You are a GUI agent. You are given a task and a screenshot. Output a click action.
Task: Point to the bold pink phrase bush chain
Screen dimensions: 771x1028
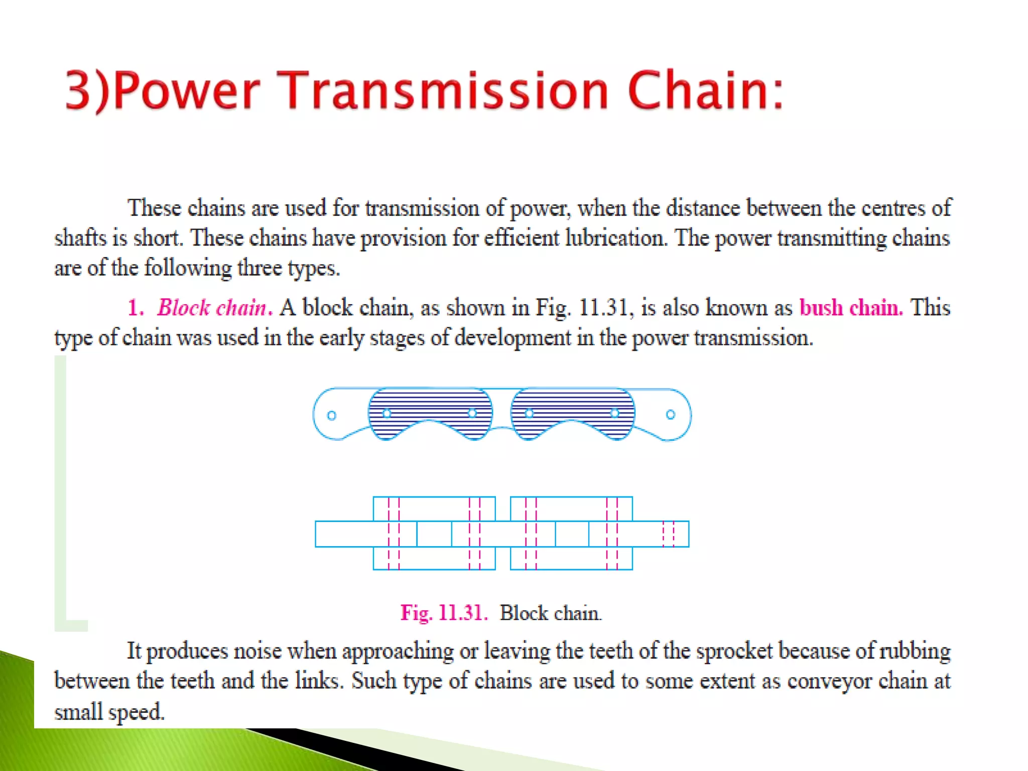[851, 308]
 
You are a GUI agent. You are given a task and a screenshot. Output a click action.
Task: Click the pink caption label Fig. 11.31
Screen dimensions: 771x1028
[444, 613]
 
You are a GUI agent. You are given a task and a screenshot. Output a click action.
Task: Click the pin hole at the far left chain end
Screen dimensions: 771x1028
[331, 416]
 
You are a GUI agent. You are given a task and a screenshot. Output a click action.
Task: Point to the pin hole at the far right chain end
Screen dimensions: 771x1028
[671, 415]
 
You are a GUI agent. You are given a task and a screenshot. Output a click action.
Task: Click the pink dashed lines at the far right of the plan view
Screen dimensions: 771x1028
[669, 534]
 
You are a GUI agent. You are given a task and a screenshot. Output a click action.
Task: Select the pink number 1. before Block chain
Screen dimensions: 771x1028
[135, 308]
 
